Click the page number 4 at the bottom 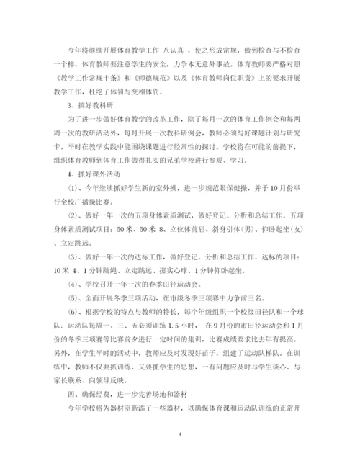[x=179, y=434]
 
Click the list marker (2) [x=73, y=213]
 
